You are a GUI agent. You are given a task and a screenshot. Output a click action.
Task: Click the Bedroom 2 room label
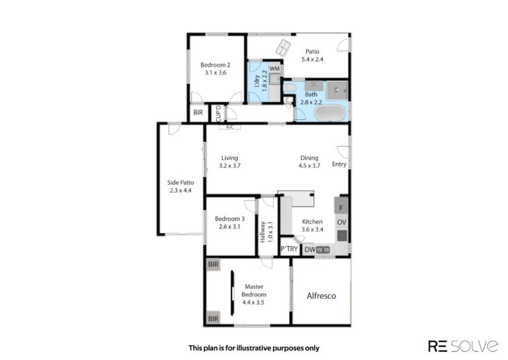pyautogui.click(x=215, y=65)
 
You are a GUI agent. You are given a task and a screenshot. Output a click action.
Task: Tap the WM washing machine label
pyautogui.click(x=275, y=69)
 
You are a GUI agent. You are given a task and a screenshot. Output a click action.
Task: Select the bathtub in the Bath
pyautogui.click(x=330, y=112)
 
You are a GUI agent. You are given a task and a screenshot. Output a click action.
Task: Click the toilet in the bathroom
pyautogui.click(x=289, y=87)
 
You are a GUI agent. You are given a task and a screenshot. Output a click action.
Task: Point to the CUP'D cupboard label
pyautogui.click(x=218, y=113)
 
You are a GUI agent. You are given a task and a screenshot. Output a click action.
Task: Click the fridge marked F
pyautogui.click(x=341, y=208)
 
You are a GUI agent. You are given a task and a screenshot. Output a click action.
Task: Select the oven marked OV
pyautogui.click(x=341, y=222)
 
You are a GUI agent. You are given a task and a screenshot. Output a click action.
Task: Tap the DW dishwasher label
pyautogui.click(x=310, y=249)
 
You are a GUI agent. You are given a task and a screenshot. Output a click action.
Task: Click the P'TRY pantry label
pyautogui.click(x=289, y=249)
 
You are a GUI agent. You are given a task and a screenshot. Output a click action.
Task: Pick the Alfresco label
pyautogui.click(x=321, y=296)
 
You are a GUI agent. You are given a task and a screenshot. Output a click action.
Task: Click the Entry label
pyautogui.click(x=339, y=164)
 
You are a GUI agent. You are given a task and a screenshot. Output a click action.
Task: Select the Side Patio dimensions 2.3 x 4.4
pyautogui.click(x=181, y=190)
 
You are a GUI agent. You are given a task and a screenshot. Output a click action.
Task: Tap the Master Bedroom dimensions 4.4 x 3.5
pyautogui.click(x=253, y=302)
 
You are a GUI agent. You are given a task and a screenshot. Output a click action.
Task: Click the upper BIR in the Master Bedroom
pyautogui.click(x=213, y=265)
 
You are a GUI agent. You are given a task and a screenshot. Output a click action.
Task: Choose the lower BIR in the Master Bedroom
pyautogui.click(x=213, y=318)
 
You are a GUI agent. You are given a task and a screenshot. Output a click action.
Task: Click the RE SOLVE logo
pyautogui.click(x=463, y=346)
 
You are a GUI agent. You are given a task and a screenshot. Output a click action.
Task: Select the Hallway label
pyautogui.click(x=263, y=232)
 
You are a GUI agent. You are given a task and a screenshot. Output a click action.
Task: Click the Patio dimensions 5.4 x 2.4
pyautogui.click(x=312, y=60)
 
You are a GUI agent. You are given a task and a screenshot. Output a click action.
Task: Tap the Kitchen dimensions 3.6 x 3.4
pyautogui.click(x=312, y=230)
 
